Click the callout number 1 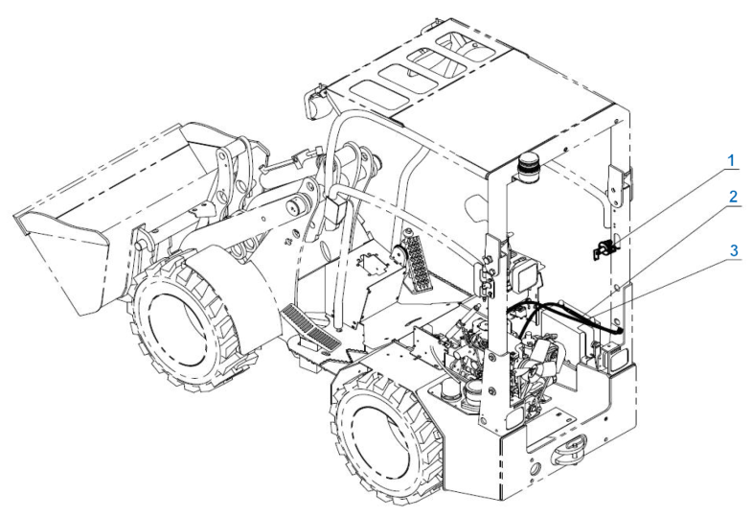(731, 161)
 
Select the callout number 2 (732, 197)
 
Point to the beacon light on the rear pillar (529, 167)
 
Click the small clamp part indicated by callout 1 (605, 248)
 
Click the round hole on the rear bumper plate (535, 466)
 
